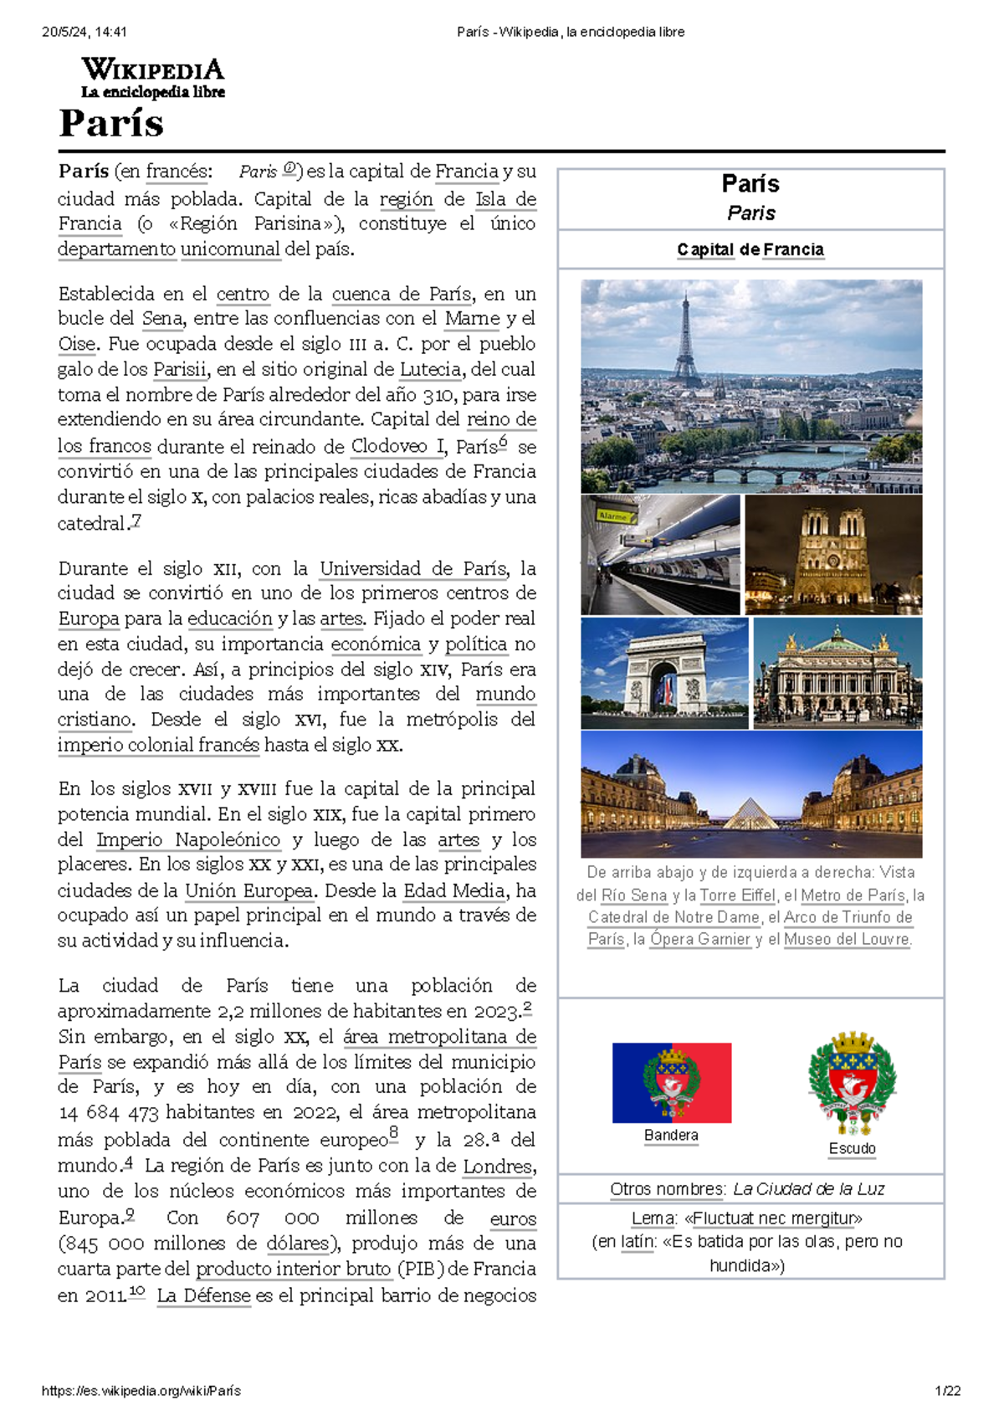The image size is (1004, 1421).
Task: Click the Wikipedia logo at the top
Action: [152, 78]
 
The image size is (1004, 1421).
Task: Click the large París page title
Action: [111, 124]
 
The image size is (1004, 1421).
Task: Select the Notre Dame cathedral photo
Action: [833, 554]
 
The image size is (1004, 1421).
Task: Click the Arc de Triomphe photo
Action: [664, 673]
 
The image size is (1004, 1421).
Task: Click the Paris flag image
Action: [672, 1082]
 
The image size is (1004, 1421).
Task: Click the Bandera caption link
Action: [671, 1136]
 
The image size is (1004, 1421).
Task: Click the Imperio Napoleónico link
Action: [188, 839]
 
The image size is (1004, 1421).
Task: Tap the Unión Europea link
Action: [249, 890]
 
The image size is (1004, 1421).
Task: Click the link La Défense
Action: [204, 1295]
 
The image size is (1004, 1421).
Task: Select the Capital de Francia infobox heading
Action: [750, 249]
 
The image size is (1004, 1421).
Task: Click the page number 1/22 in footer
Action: [947, 1391]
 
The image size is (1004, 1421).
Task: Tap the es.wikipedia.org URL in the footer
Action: [141, 1391]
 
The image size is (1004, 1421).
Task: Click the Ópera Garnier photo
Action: [838, 673]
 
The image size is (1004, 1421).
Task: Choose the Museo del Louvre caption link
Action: [848, 939]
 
